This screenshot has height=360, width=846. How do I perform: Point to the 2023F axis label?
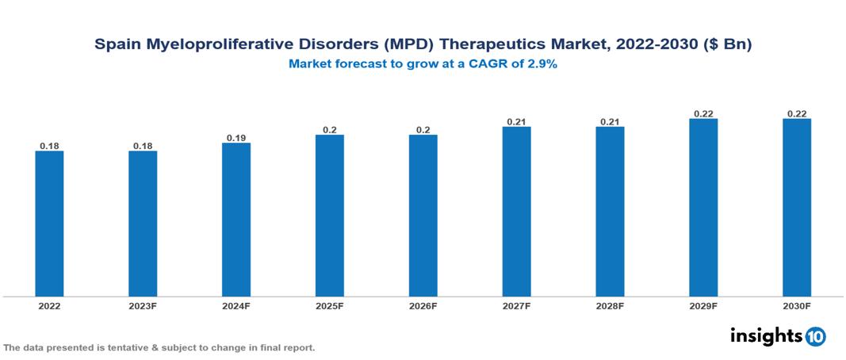pos(143,305)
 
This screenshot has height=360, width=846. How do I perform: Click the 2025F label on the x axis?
pos(330,305)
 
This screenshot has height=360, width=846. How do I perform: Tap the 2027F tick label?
pos(516,305)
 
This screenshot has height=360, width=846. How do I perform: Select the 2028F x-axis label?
pos(610,305)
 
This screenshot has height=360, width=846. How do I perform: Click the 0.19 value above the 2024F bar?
pos(236,138)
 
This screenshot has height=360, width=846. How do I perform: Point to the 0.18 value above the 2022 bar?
pos(49,146)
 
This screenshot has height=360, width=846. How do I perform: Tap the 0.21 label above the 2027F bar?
pos(516,121)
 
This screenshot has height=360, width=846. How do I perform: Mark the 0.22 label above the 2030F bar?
pos(797,113)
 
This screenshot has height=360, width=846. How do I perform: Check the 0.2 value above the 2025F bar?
pos(330,130)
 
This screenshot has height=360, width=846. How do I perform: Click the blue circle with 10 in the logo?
pos(815,336)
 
